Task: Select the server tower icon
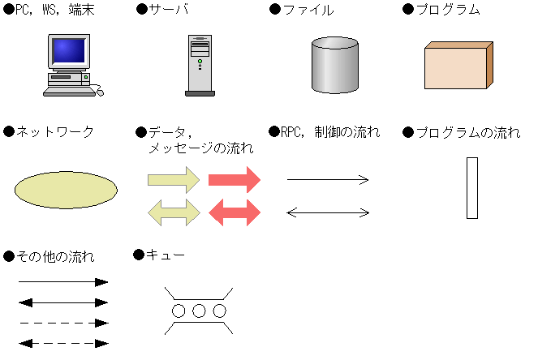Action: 200,66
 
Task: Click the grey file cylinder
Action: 334,65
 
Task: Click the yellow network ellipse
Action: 66,190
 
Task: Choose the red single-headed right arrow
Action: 235,179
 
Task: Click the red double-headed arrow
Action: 235,212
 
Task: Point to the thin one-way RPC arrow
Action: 328,180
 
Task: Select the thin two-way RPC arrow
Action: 328,213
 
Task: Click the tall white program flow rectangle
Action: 471,188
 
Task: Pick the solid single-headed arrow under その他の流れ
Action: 63,282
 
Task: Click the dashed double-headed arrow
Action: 63,343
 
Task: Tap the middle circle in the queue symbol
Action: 200,311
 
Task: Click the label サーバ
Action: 168,11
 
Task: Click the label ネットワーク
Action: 55,132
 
